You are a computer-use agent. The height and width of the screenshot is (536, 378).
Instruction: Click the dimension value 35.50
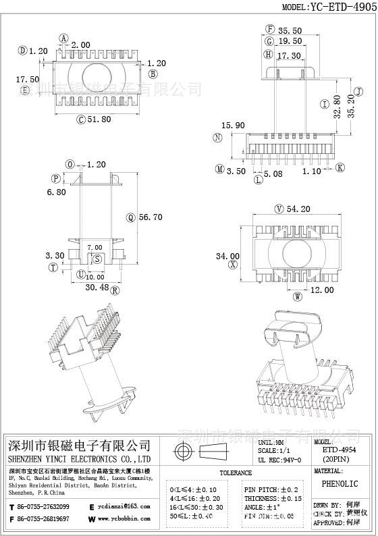(292, 30)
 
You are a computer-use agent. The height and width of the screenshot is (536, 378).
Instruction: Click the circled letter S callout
(97, 259)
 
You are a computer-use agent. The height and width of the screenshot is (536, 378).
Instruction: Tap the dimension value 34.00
(227, 256)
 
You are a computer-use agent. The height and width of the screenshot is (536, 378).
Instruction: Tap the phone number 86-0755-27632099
(43, 506)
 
